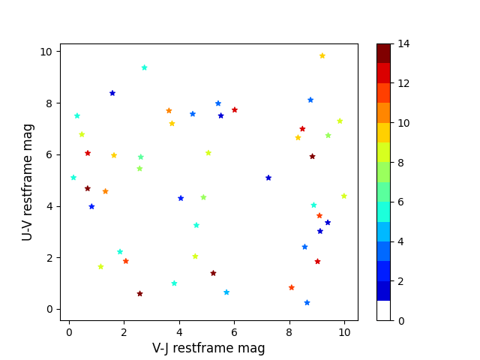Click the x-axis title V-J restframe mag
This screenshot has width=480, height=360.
coord(208,348)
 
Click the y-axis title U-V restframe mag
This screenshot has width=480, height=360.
coord(28,182)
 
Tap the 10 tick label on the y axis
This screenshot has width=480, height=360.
coord(46,52)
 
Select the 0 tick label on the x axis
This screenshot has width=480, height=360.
coord(69,330)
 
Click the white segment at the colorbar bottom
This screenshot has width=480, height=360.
coord(383,310)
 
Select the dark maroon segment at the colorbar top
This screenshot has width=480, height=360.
coord(383,53)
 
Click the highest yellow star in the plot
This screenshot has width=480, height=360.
coord(322,55)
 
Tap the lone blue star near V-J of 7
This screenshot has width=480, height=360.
coord(268,178)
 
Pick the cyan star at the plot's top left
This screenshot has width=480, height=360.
coord(144,67)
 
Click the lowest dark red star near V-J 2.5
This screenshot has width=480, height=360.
coord(139,293)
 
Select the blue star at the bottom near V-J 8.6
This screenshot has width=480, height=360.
coord(307,302)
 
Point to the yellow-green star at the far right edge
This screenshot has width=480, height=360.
coord(343,196)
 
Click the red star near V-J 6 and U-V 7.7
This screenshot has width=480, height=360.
coord(235,109)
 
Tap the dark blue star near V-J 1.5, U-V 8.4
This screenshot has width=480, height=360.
coord(112,93)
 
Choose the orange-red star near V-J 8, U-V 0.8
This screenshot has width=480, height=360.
coord(291,287)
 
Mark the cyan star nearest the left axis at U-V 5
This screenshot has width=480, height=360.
coord(73,178)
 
